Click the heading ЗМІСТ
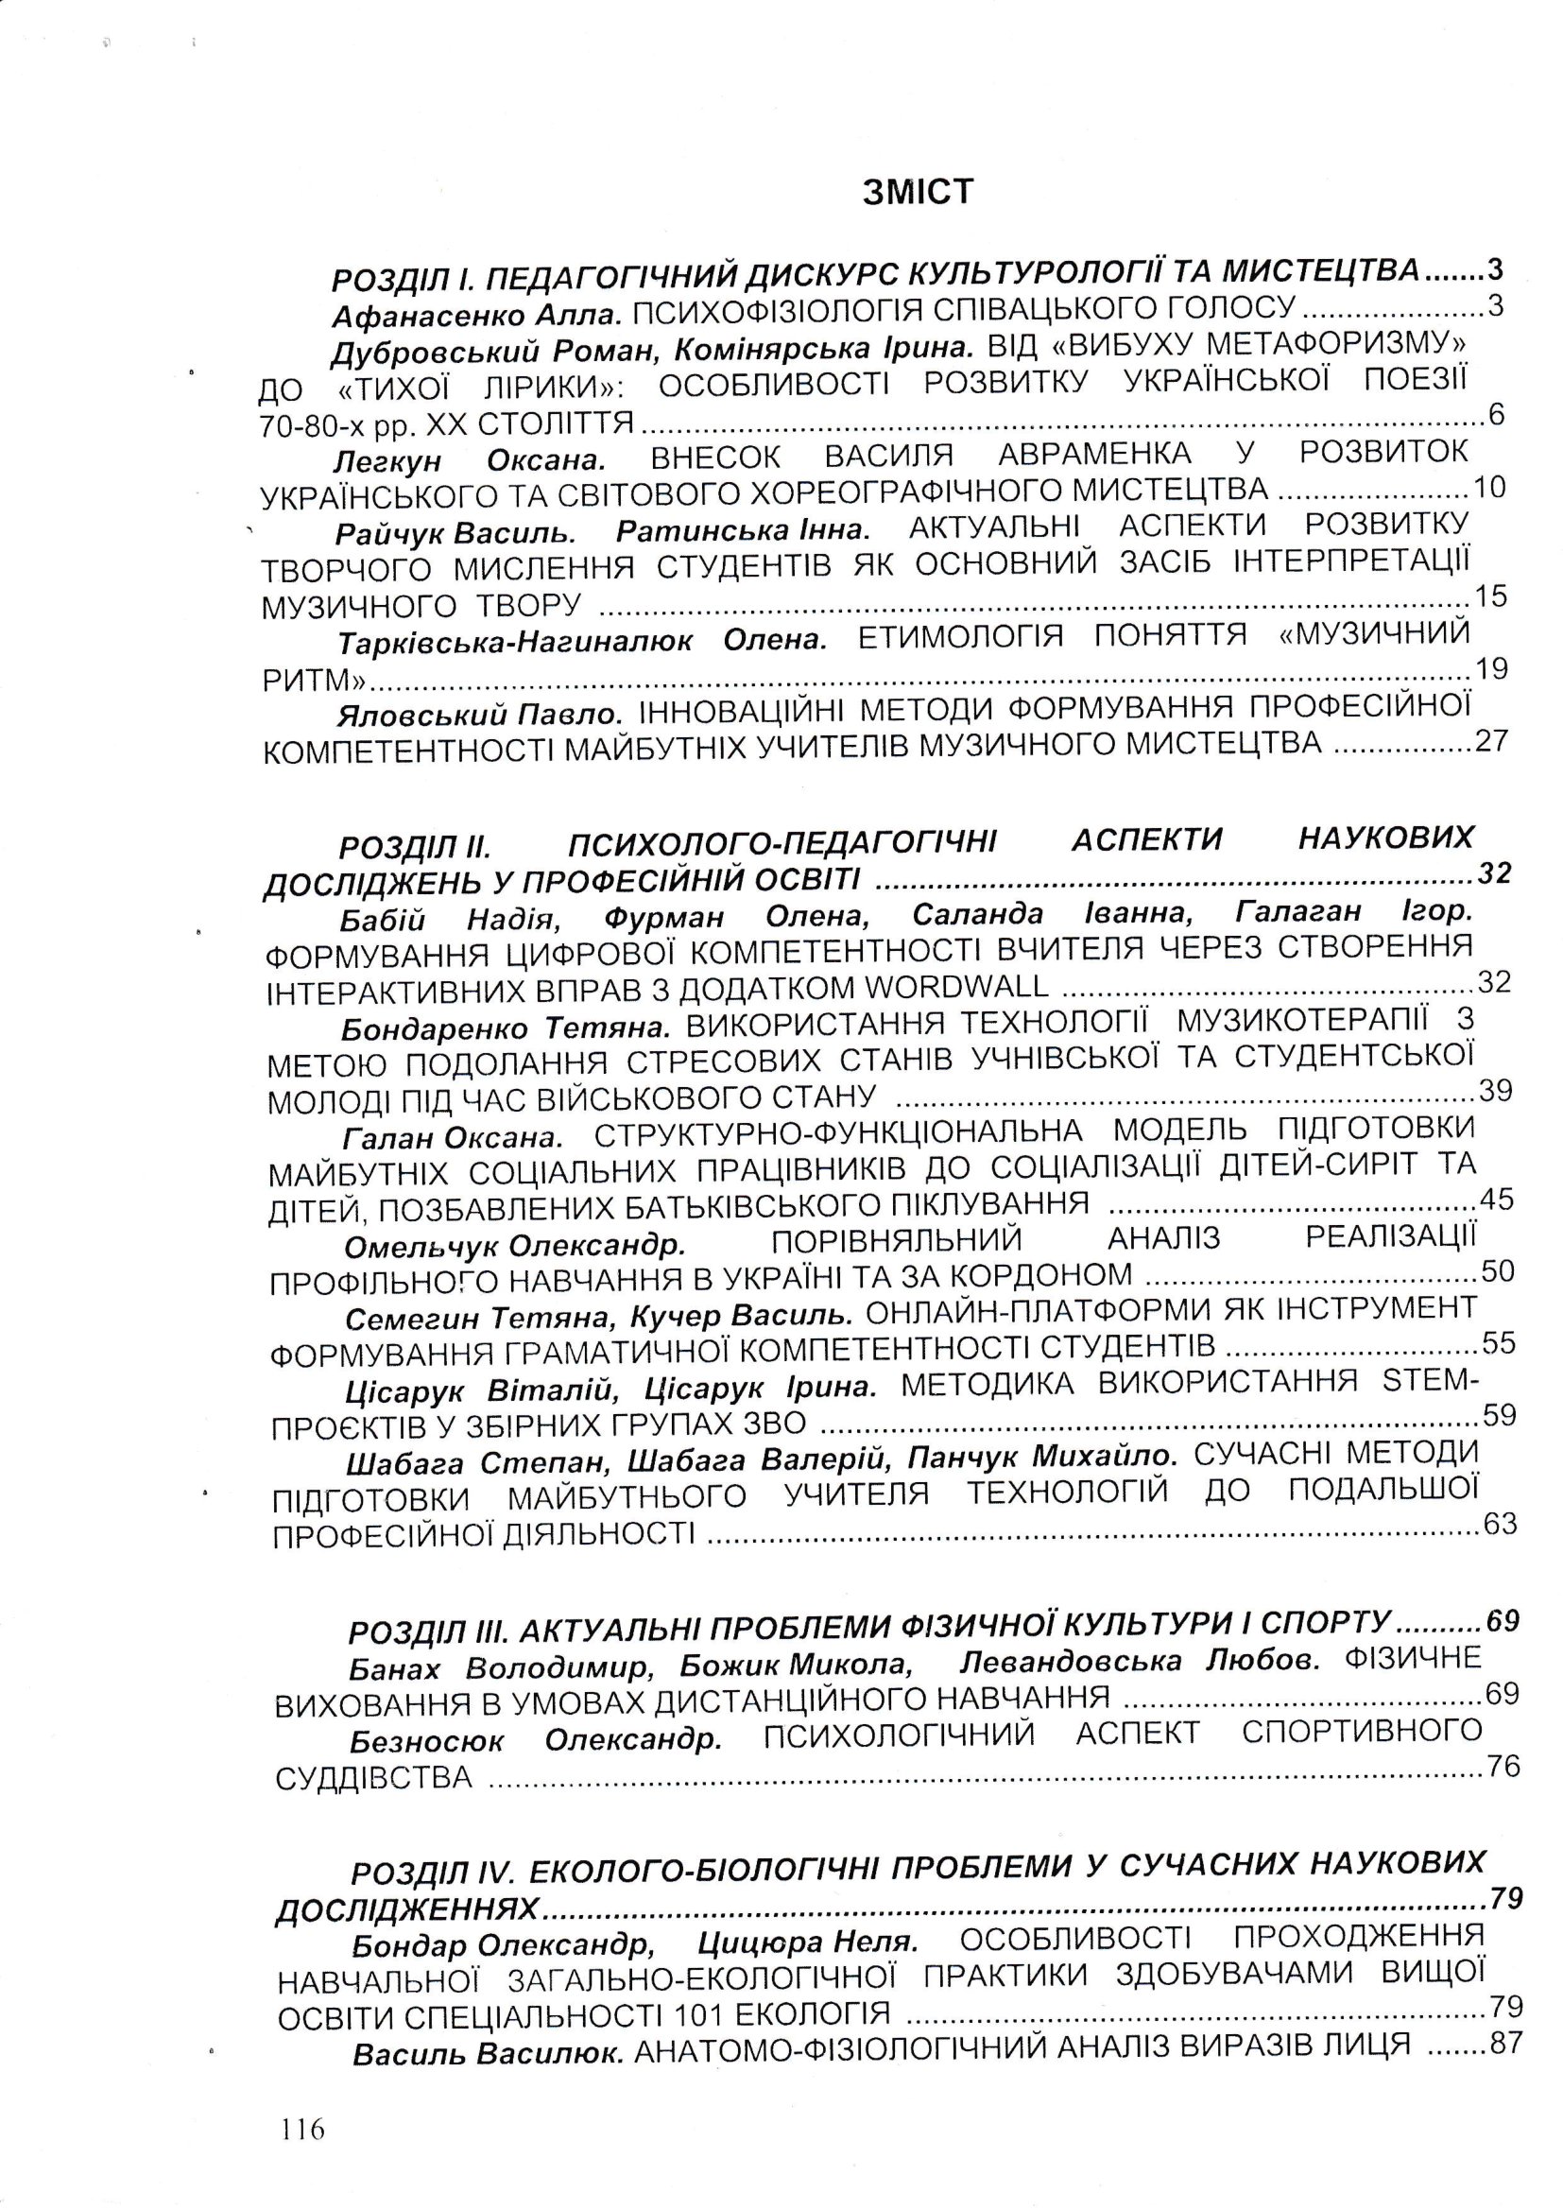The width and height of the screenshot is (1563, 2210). tap(918, 193)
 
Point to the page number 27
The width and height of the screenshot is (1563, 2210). tap(1491, 740)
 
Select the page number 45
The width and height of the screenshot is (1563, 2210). tap(1496, 1200)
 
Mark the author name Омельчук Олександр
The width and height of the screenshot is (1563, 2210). tap(515, 1247)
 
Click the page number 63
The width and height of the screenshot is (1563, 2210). tap(1500, 1524)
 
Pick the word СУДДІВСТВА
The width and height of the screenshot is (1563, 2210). tap(373, 1779)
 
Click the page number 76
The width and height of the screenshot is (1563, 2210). tap(1503, 1767)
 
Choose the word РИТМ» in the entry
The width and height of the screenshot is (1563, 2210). tap(315, 681)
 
